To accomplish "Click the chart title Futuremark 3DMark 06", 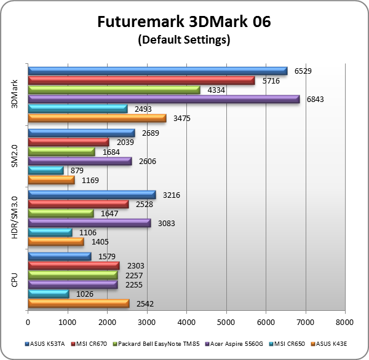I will (184, 23).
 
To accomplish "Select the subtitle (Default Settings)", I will (184, 41).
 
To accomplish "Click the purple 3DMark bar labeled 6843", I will (164, 99).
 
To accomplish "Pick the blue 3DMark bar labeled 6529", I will (157, 71).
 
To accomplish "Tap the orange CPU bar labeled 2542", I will (79, 303).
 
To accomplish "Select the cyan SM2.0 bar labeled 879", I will (46, 170).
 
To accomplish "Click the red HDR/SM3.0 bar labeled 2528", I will (78, 204).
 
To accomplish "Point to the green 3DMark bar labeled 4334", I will (114, 90).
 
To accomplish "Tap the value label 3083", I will (167, 223).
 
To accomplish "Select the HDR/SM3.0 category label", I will (14, 219).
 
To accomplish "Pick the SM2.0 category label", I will (14, 157).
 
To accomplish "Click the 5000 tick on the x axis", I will (226, 321).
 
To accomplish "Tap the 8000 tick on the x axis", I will (345, 321).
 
